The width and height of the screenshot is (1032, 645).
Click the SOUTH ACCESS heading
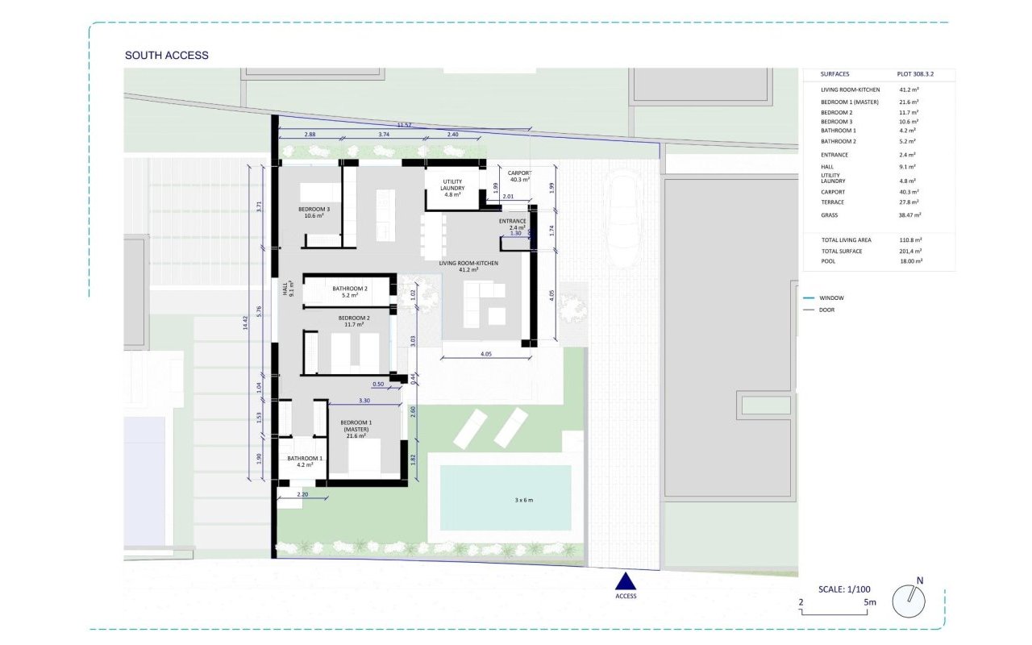tap(166, 56)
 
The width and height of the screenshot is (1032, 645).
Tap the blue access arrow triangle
tap(626, 581)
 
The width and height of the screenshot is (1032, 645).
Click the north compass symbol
tap(909, 601)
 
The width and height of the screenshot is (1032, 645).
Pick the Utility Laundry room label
tap(451, 188)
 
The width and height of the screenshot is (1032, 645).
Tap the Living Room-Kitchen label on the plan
tap(468, 268)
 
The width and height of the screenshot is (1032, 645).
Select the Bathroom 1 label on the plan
tap(305, 461)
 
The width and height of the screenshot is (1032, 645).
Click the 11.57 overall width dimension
tap(404, 125)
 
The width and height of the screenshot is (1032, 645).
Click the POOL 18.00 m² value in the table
tap(909, 261)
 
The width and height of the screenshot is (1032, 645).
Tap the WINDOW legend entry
tap(830, 298)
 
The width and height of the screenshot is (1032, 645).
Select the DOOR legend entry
tap(826, 310)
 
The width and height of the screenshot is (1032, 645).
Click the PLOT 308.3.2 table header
tap(914, 74)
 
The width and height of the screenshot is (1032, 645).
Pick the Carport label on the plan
tap(517, 176)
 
